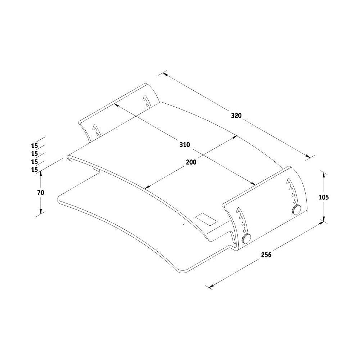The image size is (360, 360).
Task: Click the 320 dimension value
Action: pos(236,116)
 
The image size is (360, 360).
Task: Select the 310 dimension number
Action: pos(185,145)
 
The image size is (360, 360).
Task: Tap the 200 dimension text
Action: pos(191,162)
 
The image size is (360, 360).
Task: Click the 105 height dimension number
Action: pos(324,197)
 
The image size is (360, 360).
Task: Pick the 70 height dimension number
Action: pos(41,193)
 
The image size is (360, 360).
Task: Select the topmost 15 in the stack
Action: pos(35,146)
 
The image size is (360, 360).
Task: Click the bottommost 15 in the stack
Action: pos(35,170)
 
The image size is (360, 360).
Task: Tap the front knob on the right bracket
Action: pos(246,238)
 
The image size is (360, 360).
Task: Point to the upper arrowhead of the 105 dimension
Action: pos(324,175)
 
